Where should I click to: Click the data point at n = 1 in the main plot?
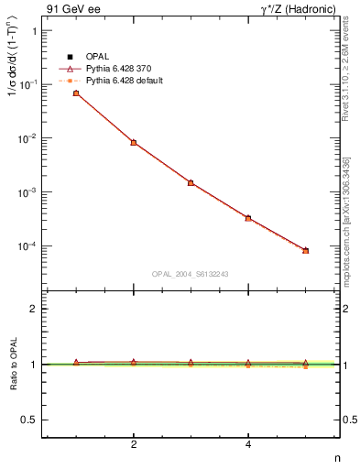[x=76, y=93]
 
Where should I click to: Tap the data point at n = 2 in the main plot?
[x=134, y=143]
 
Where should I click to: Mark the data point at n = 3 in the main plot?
[x=191, y=183]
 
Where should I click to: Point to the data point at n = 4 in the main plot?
[x=248, y=218]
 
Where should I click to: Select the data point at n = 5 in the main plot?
[x=306, y=250]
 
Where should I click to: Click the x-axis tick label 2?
[x=134, y=444]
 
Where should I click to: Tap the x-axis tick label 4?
[x=248, y=444]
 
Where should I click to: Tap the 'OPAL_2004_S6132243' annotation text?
[x=191, y=273]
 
